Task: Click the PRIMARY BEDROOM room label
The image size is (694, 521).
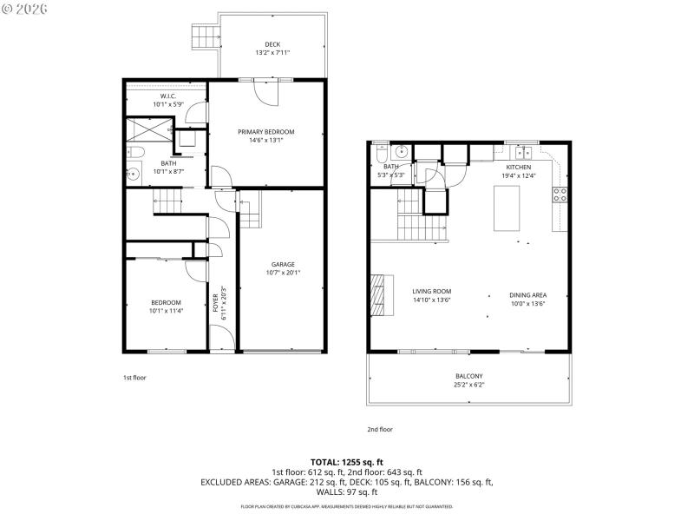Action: pyautogui.click(x=266, y=132)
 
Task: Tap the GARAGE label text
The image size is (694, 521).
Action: pyautogui.click(x=283, y=265)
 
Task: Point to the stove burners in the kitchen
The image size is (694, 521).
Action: pyautogui.click(x=560, y=195)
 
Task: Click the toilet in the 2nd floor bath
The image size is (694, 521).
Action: pyautogui.click(x=381, y=151)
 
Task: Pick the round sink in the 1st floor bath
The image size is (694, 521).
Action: pyautogui.click(x=133, y=174)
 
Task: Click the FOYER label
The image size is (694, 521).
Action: pyautogui.click(x=216, y=304)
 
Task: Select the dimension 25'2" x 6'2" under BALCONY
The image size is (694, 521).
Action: pyautogui.click(x=468, y=386)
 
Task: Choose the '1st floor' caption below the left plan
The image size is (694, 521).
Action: pyautogui.click(x=134, y=378)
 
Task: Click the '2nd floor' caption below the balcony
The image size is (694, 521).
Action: pyautogui.click(x=380, y=429)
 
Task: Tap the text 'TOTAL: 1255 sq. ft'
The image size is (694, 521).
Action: pyautogui.click(x=346, y=461)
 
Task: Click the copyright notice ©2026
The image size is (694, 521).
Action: pyautogui.click(x=24, y=9)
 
